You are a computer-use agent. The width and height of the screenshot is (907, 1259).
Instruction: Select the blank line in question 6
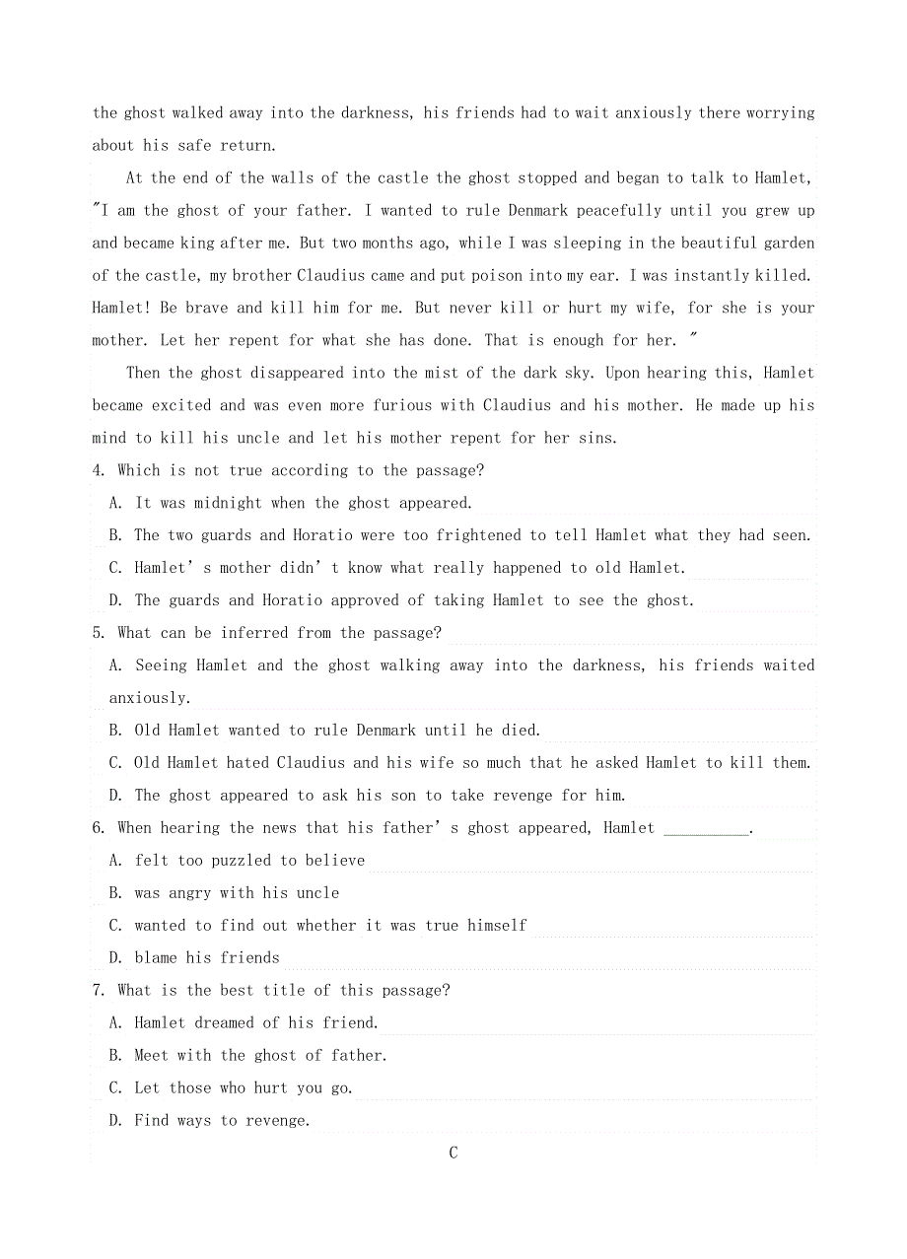(x=706, y=828)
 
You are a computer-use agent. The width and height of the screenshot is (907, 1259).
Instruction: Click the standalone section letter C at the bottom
(x=453, y=1153)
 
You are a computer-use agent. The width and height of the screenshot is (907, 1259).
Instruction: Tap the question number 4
(x=98, y=470)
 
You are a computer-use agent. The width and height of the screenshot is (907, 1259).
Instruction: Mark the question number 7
(x=98, y=990)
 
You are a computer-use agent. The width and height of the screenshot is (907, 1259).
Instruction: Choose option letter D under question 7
(x=114, y=1120)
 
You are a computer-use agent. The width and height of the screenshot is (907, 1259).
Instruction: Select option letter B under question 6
(x=114, y=893)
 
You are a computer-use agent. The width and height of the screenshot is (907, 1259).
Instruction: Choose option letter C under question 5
(x=114, y=763)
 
